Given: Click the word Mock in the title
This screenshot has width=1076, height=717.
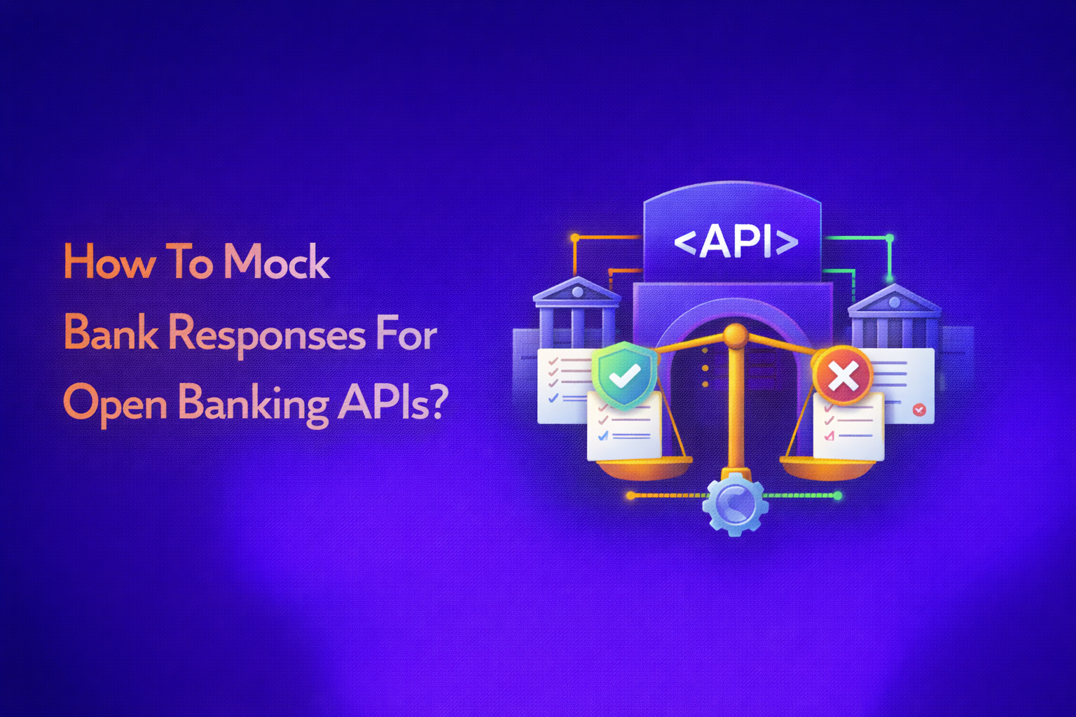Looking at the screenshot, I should point(276,262).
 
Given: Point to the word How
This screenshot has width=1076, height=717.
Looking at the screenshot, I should point(109,262).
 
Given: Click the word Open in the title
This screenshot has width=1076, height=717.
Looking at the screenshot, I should point(115,405).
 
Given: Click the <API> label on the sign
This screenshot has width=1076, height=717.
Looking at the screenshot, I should point(736,241).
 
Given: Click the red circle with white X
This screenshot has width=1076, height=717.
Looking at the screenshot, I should point(843,376).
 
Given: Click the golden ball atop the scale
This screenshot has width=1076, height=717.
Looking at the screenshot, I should point(735,335).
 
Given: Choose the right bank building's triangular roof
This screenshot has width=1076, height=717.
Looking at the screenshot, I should point(894,299).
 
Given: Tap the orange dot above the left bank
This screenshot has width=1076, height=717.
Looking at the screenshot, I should point(575,238).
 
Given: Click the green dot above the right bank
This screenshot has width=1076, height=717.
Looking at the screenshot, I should point(890,238).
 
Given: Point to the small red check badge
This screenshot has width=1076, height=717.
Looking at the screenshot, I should point(919,410).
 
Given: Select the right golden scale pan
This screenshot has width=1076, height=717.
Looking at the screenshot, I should point(827,467).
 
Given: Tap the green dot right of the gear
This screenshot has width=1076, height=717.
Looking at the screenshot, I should point(837,496).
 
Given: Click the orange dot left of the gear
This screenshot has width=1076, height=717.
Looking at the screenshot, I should point(630,496).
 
